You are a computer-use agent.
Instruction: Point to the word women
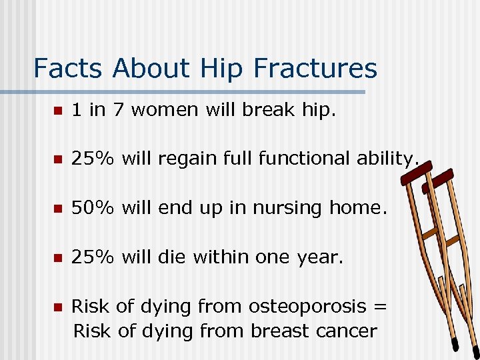tap(164, 110)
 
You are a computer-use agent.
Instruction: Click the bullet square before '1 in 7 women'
tap(59, 111)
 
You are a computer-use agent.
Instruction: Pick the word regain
tap(190, 159)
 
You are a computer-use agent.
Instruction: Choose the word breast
tap(277, 331)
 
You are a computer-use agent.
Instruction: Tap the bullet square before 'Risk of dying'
tap(59, 307)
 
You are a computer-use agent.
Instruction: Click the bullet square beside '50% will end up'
tap(59, 209)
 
